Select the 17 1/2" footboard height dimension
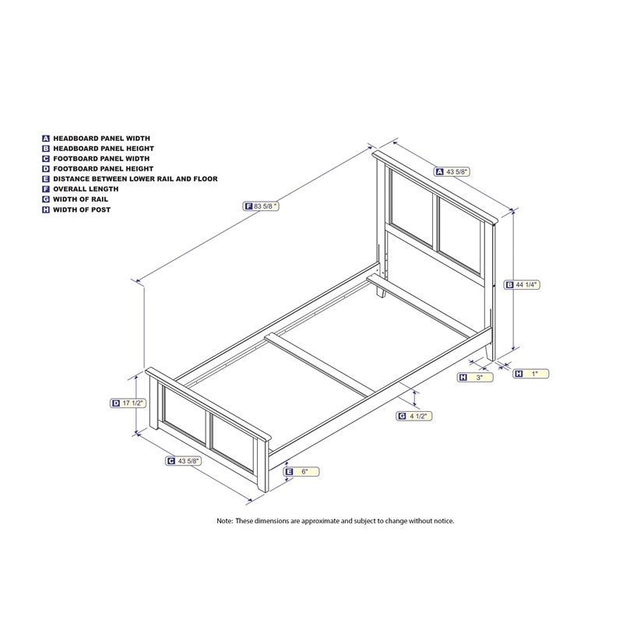(128, 403)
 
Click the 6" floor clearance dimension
(305, 472)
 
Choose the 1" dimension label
(535, 375)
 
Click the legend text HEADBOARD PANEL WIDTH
(101, 138)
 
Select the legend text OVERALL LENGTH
(86, 189)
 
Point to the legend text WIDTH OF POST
(82, 209)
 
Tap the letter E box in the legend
(46, 179)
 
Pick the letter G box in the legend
(46, 199)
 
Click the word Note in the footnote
(224, 520)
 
